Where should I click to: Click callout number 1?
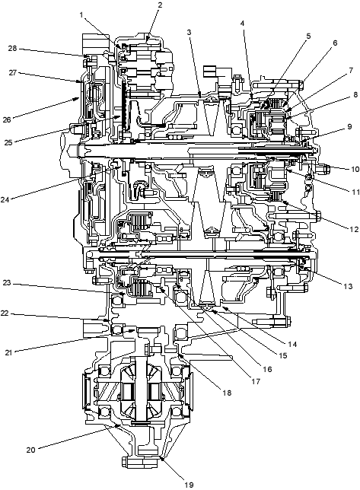81,14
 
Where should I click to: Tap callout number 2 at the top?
160,5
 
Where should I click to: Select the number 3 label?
189,32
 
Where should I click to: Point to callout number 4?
243,23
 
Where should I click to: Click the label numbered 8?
355,94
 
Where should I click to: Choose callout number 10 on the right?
355,169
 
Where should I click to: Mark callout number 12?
354,229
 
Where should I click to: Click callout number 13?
348,286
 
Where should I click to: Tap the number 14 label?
292,344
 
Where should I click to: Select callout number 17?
256,381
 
